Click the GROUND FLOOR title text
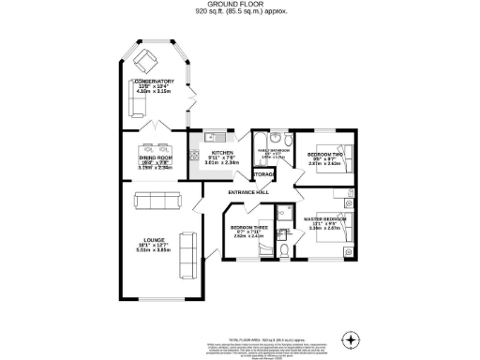tap(239, 6)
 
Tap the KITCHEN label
tap(221, 152)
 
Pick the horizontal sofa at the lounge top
tap(157, 200)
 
